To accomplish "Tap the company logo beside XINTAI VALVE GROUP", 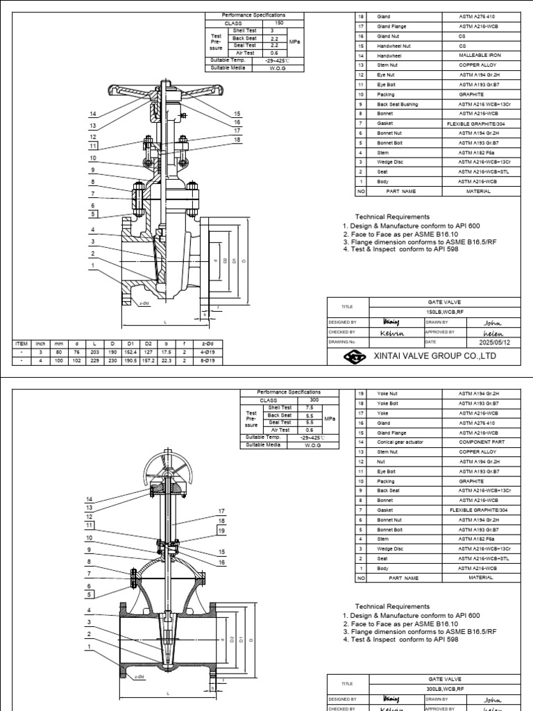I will click(x=353, y=356).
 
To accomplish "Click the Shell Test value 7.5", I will click(x=312, y=408).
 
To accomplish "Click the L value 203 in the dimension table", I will click(x=93, y=353).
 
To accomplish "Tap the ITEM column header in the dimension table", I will click(x=20, y=343).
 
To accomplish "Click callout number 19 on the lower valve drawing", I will click(x=222, y=531).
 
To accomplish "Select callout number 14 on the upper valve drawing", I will click(x=92, y=114).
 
